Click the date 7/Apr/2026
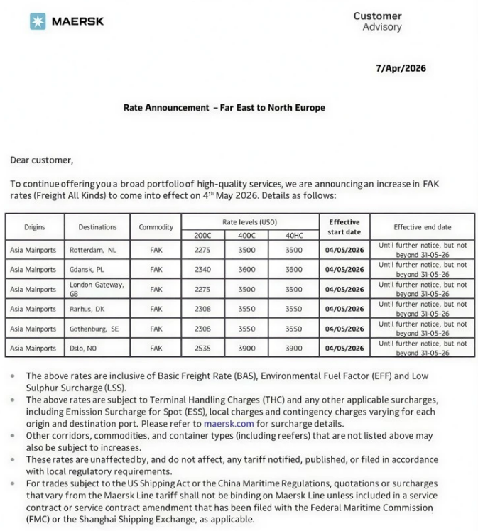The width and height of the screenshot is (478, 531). click(x=401, y=68)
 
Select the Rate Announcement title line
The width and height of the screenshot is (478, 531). click(x=224, y=108)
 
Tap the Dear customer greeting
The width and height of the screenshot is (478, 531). click(x=42, y=160)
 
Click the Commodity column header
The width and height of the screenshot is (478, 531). click(x=156, y=227)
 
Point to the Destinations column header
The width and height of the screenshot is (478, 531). click(x=98, y=227)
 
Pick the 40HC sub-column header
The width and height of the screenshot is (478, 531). click(x=293, y=235)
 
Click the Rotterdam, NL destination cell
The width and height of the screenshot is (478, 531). click(x=92, y=250)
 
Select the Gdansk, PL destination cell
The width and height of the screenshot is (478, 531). click(x=87, y=270)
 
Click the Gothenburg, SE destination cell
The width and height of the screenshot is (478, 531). click(x=94, y=329)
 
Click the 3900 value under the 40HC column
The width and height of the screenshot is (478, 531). click(x=293, y=349)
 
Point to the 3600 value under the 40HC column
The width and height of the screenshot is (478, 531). click(x=293, y=270)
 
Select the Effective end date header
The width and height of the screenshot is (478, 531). click(x=422, y=227)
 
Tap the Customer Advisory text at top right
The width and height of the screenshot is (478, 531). click(x=377, y=21)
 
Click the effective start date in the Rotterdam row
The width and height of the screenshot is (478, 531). click(x=344, y=250)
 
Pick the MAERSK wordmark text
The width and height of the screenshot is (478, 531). click(x=77, y=21)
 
